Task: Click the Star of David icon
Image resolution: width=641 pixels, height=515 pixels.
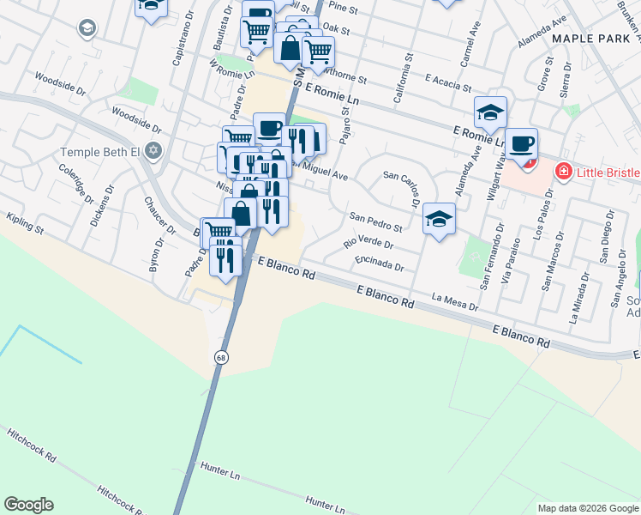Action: point(153,152)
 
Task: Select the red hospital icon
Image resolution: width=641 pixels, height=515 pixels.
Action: point(564,172)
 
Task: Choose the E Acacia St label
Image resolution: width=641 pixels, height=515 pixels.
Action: point(448,82)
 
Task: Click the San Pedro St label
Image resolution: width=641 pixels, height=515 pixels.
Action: point(375,221)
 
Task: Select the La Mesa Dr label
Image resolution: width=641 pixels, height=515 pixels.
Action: point(455,300)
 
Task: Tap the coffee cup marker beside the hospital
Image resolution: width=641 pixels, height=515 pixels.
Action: point(520,144)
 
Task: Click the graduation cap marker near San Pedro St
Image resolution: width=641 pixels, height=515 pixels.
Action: point(439,218)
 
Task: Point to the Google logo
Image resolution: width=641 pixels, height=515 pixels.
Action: point(28,505)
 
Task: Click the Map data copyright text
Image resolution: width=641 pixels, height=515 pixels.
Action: point(588,508)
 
